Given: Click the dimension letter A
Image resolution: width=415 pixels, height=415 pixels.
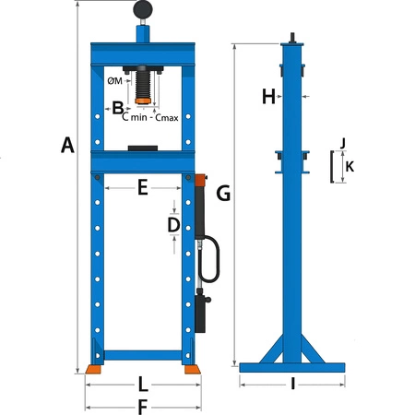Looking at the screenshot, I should point(66,144).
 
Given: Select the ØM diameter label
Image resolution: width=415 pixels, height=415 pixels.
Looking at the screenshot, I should point(115,80).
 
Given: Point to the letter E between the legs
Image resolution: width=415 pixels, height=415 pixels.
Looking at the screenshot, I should point(142,187).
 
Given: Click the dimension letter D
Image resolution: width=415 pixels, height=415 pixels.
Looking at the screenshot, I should point(172,224).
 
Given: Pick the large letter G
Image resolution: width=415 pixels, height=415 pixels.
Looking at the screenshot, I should point(222,193).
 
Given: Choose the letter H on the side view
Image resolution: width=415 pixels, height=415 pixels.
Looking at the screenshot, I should point(268,96).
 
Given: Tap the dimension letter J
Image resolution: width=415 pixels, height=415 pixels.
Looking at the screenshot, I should point(341,143).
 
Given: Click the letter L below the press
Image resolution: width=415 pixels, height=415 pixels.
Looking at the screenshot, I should point(142,382).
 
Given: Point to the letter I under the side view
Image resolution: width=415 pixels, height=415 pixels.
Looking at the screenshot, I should point(292,384).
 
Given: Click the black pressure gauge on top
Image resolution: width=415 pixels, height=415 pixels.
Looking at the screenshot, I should point(144,10).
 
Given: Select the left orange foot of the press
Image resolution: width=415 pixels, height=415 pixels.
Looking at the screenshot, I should point(94,369).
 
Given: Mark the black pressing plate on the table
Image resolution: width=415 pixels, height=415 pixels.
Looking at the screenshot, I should point(144,147).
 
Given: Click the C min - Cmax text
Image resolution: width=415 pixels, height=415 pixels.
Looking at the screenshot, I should point(150,116).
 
